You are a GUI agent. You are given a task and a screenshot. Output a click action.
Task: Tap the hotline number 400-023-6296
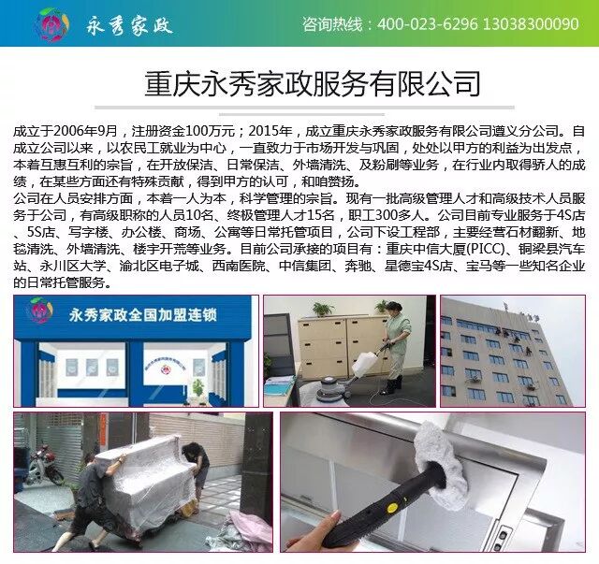[x=428, y=24]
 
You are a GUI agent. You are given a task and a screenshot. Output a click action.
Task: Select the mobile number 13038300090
[x=531, y=24]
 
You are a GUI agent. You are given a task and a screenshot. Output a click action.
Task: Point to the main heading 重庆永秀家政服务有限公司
[x=312, y=83]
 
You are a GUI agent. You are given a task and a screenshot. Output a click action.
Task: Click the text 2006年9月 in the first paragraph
[x=85, y=132]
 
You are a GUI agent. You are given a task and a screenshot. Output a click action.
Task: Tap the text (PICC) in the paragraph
[x=486, y=249]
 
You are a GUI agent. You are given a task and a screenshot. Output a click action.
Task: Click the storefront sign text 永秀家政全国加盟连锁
[x=143, y=315]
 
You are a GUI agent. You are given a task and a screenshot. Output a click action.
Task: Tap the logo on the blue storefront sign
[x=40, y=311]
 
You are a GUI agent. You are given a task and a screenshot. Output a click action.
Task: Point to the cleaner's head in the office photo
[x=393, y=308]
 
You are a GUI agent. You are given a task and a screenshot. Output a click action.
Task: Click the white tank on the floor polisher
[x=364, y=363]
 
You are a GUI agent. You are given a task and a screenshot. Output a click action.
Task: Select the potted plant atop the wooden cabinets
[x=321, y=310]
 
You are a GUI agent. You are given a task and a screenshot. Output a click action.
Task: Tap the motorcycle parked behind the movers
[x=44, y=465]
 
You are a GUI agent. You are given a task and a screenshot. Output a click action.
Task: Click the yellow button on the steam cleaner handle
[x=390, y=508]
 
